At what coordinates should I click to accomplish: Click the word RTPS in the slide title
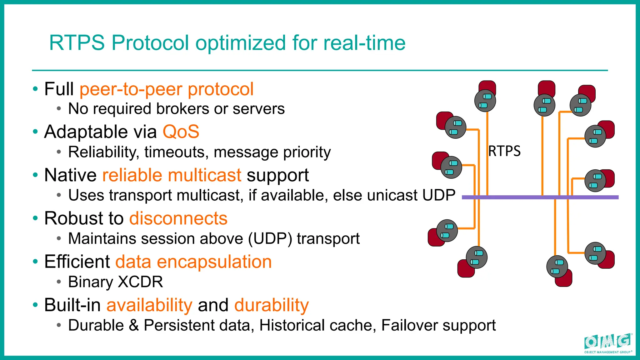(x=77, y=43)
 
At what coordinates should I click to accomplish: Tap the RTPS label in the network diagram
(x=504, y=151)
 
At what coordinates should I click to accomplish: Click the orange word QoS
(x=181, y=132)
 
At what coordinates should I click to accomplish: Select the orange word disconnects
(x=178, y=218)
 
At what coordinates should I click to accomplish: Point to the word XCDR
(x=140, y=282)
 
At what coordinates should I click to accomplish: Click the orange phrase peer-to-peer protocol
(x=166, y=89)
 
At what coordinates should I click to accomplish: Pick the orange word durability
(x=271, y=305)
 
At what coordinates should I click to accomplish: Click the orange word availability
(x=149, y=305)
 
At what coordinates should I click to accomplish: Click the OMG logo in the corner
(x=607, y=343)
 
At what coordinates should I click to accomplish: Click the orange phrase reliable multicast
(x=172, y=175)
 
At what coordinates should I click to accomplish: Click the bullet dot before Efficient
(x=35, y=261)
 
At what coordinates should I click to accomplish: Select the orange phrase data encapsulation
(x=193, y=262)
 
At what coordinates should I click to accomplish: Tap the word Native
(x=70, y=175)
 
